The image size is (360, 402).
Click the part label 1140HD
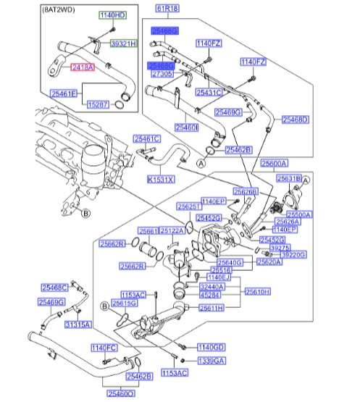(x=112, y=15)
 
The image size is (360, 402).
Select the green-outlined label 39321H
(x=122, y=44)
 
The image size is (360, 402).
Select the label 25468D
(x=295, y=120)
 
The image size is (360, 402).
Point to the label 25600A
(x=275, y=163)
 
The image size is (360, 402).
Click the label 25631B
(x=288, y=177)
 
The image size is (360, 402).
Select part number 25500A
(x=298, y=214)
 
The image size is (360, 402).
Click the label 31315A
(x=78, y=325)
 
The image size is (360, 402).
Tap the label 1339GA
(x=211, y=360)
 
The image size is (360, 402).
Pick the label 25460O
(x=121, y=393)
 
